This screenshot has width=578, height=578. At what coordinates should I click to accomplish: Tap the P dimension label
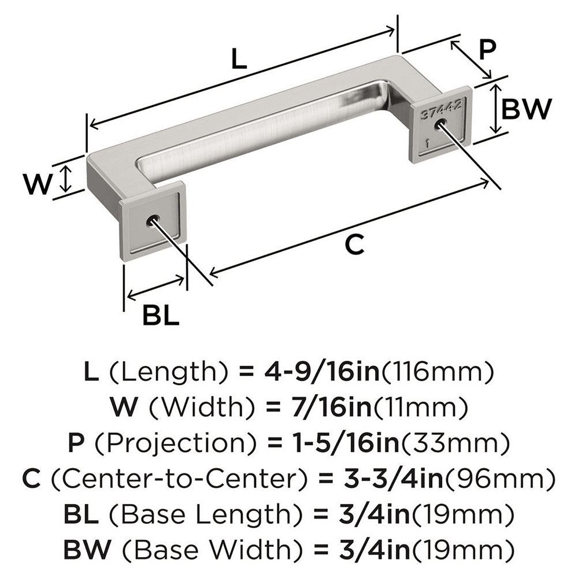click(487, 51)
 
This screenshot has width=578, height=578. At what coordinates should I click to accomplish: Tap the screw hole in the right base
click(442, 124)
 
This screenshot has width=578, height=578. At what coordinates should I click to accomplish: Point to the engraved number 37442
click(441, 108)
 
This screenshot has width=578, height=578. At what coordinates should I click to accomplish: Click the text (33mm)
click(454, 444)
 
